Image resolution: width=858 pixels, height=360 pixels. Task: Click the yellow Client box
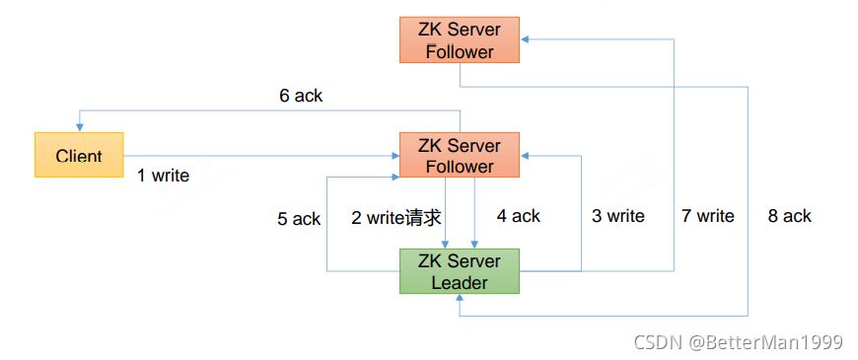pyautogui.click(x=79, y=155)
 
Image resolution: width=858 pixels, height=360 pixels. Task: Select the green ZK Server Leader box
pyautogui.click(x=459, y=271)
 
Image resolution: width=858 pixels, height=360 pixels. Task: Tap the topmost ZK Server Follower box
pyautogui.click(x=459, y=40)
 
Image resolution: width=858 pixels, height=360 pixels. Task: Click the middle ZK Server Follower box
pyautogui.click(x=459, y=156)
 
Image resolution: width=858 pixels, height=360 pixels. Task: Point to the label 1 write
pyautogui.click(x=163, y=176)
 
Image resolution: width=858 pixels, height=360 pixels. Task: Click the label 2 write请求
pyautogui.click(x=395, y=217)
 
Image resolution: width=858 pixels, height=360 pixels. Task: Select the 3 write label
pyautogui.click(x=617, y=216)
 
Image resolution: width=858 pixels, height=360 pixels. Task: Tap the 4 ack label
pyautogui.click(x=519, y=216)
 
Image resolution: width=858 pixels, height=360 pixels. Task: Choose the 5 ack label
pyautogui.click(x=299, y=218)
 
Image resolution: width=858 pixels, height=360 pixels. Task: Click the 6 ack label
pyautogui.click(x=301, y=96)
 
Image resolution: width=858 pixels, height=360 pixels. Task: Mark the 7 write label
pyautogui.click(x=707, y=216)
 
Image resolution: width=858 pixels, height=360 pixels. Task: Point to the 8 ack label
pyautogui.click(x=789, y=216)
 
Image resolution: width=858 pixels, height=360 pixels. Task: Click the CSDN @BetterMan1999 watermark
pyautogui.click(x=738, y=342)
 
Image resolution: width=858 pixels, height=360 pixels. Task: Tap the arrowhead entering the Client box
pyautogui.click(x=79, y=127)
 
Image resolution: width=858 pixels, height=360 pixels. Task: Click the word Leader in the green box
pyautogui.click(x=459, y=283)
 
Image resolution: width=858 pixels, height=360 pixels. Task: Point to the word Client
pyautogui.click(x=79, y=156)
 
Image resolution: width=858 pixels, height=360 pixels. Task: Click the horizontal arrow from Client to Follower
pyautogui.click(x=256, y=155)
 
